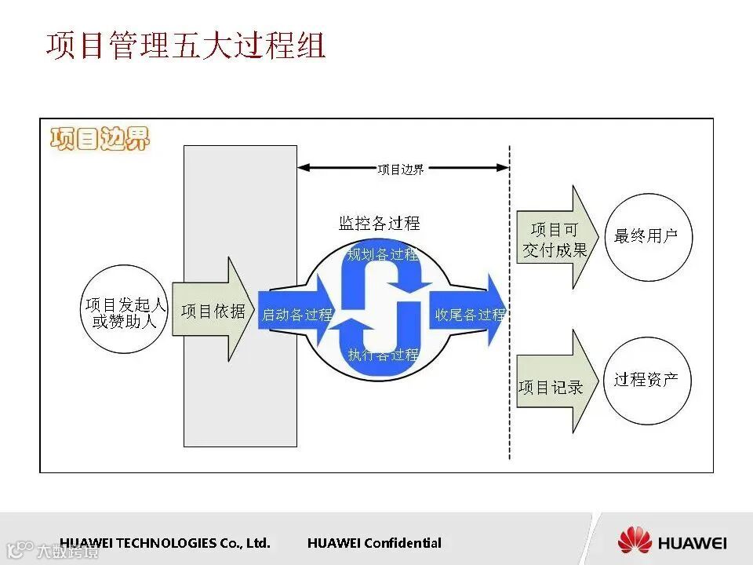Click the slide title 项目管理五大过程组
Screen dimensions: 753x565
click(185, 46)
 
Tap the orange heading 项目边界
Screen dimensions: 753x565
click(99, 138)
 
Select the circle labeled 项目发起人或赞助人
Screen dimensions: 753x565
click(125, 312)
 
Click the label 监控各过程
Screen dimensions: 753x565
click(379, 223)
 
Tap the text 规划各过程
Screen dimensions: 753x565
click(382, 254)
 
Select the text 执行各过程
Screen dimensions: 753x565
click(383, 355)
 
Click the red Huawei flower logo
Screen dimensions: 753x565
click(635, 541)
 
